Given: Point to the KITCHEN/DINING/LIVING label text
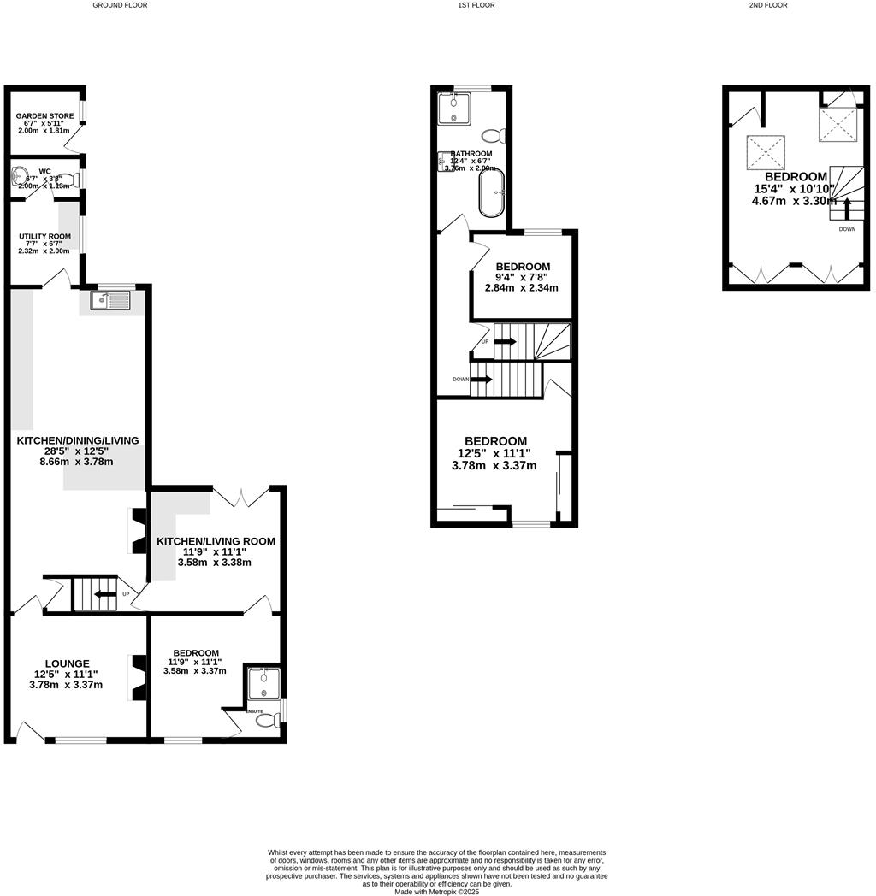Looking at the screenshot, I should click(x=78, y=440).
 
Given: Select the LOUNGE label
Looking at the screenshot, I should click(x=68, y=663).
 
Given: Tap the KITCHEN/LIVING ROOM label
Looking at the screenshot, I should click(x=216, y=541).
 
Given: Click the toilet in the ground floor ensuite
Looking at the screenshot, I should click(x=268, y=720).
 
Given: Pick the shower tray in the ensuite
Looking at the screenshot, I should click(x=263, y=682).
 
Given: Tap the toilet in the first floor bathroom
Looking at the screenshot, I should click(x=493, y=135).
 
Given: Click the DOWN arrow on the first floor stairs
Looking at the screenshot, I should click(x=482, y=379).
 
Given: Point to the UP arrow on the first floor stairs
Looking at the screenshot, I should click(x=505, y=342).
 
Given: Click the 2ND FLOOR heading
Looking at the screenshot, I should click(x=768, y=5).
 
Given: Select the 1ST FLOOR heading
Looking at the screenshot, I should click(x=476, y=5).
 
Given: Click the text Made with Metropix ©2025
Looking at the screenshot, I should click(x=436, y=892).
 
